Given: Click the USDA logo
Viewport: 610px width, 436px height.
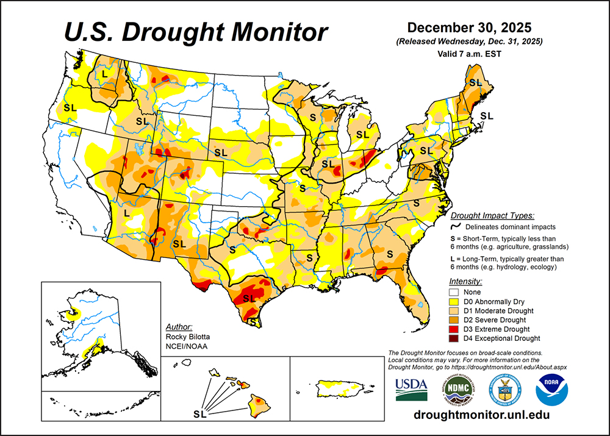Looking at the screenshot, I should point(411,389).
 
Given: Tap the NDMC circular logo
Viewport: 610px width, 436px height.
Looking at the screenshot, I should point(457,389).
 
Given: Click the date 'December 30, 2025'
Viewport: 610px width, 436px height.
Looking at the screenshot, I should point(469,28).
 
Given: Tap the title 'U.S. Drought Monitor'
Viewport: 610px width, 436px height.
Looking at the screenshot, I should point(197,30).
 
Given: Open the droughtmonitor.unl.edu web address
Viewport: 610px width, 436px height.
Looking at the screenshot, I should point(481,415).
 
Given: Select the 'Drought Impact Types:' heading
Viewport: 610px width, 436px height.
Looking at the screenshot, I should point(492,215).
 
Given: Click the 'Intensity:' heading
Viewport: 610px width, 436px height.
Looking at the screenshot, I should point(465,282).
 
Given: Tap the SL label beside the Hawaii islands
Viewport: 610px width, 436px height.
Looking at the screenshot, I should point(199,415).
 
